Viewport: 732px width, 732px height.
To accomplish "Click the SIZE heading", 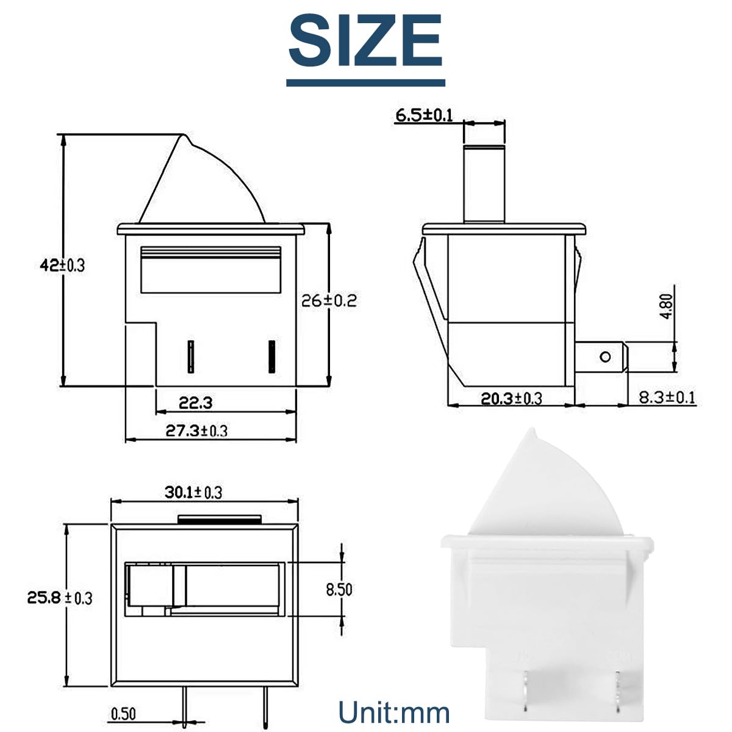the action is point(365,40).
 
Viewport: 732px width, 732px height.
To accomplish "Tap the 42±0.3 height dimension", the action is point(62,265).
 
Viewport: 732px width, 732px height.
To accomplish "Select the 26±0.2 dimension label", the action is point(329,301).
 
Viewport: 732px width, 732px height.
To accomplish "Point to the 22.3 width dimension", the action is point(195,402).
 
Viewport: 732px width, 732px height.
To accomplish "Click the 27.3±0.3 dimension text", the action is point(196,431).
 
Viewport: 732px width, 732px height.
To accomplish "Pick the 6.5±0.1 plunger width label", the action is point(424,115).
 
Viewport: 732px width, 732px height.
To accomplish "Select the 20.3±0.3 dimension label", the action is point(511,398).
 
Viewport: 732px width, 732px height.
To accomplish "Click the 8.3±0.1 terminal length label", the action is point(667,397).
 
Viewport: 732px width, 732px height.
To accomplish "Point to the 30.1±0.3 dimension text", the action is point(193,492).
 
